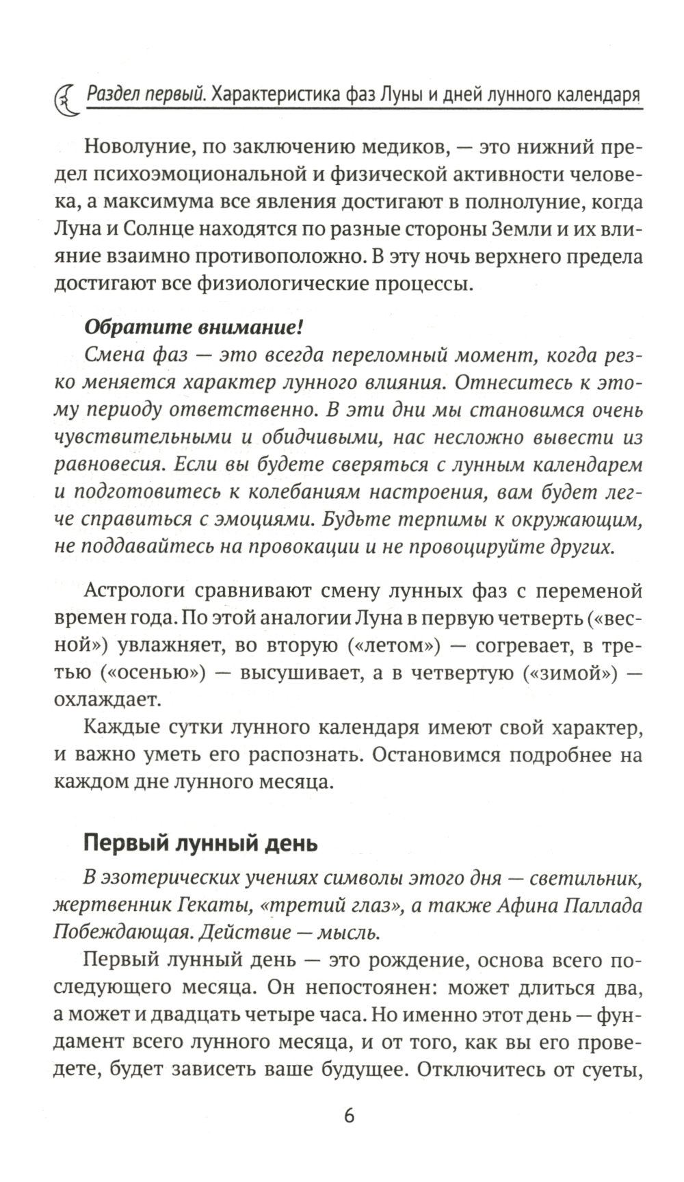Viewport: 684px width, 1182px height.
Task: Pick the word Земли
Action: point(514,229)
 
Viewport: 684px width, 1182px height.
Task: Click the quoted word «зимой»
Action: point(566,671)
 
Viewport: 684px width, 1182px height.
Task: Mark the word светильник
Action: point(586,877)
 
